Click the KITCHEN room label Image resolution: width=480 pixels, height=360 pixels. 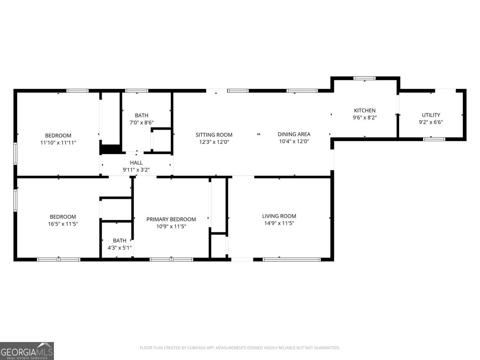(364, 110)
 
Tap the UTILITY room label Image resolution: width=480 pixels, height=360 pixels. (431, 115)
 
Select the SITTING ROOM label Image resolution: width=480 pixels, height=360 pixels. (214, 135)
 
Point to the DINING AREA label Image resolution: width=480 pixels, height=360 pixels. (294, 134)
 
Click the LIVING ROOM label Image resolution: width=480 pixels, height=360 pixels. (279, 216)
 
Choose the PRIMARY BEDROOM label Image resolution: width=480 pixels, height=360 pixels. (171, 219)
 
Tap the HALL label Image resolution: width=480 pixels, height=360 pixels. (136, 163)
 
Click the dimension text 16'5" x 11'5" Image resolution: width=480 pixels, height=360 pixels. (63, 224)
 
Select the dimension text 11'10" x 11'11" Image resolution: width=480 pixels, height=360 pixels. (58, 142)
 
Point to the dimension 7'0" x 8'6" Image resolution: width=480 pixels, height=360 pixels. (141, 122)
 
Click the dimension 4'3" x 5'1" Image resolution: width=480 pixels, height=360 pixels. (119, 247)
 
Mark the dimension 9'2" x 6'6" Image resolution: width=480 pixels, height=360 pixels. (431, 122)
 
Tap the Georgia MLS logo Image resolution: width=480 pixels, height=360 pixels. (27, 351)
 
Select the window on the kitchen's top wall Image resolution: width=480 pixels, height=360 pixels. (364, 78)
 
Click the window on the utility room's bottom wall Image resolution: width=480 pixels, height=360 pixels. (434, 139)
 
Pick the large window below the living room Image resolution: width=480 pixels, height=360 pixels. (292, 260)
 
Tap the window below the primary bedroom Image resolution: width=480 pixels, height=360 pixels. (171, 260)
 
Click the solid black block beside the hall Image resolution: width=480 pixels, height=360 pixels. (110, 149)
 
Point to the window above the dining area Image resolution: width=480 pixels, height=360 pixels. (302, 91)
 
